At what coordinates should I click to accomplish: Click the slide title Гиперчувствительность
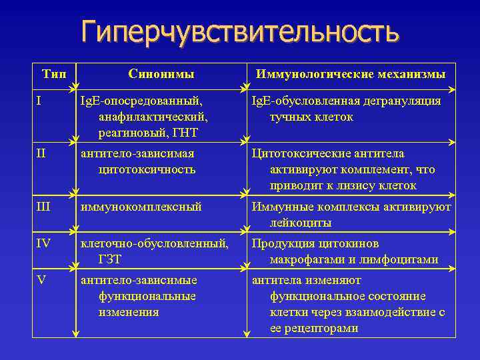point(240,32)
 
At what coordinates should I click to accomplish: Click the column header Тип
point(54,74)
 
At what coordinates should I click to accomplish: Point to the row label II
point(41,153)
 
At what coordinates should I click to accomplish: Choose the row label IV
point(43,243)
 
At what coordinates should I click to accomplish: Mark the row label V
point(41,279)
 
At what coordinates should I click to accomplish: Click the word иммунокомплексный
point(141,207)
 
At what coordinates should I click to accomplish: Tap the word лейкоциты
point(300,223)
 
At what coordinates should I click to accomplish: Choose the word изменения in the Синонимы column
point(129,312)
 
